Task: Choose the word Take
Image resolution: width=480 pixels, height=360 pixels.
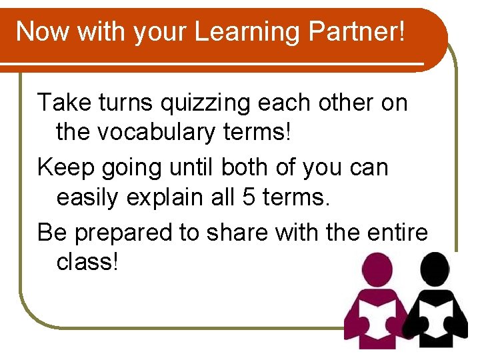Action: click(x=65, y=103)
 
